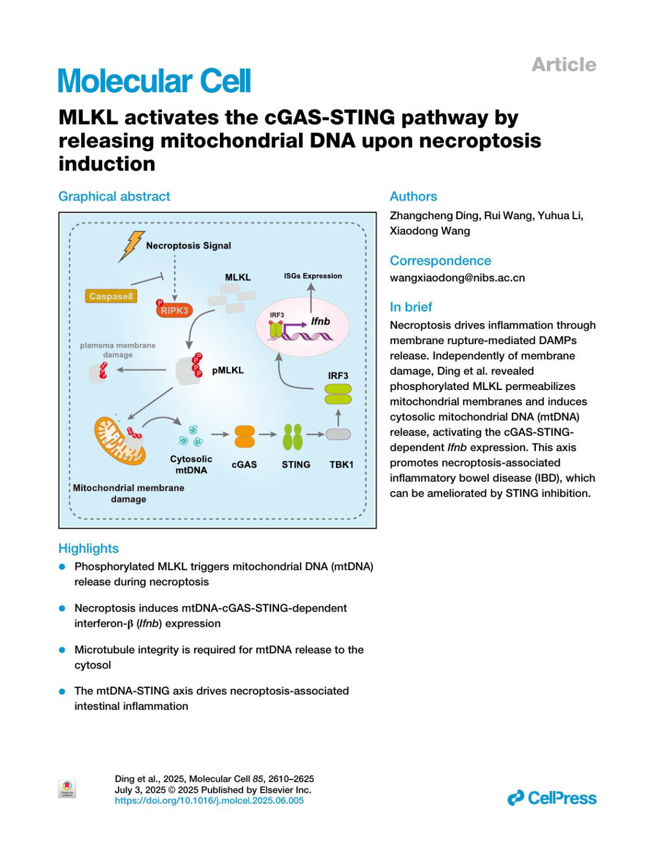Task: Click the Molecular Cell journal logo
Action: coord(155,81)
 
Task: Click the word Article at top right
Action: coord(564,65)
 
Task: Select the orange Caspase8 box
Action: coord(111,297)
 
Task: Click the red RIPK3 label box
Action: coord(174,310)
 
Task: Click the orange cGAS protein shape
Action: coord(244,436)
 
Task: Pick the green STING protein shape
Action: coord(293,436)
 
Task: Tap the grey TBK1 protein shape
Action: coord(338,435)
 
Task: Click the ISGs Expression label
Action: coord(313,276)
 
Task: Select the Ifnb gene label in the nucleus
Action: coord(320,321)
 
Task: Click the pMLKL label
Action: coord(228,370)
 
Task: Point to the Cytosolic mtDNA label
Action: coord(191,465)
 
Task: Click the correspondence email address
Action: coord(457,278)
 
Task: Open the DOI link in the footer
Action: coord(209,800)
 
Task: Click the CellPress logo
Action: coord(552,798)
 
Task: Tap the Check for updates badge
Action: coord(67,789)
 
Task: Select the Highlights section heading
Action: coord(88,548)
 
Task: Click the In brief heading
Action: coord(411,307)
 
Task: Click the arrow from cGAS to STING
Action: coord(268,434)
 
